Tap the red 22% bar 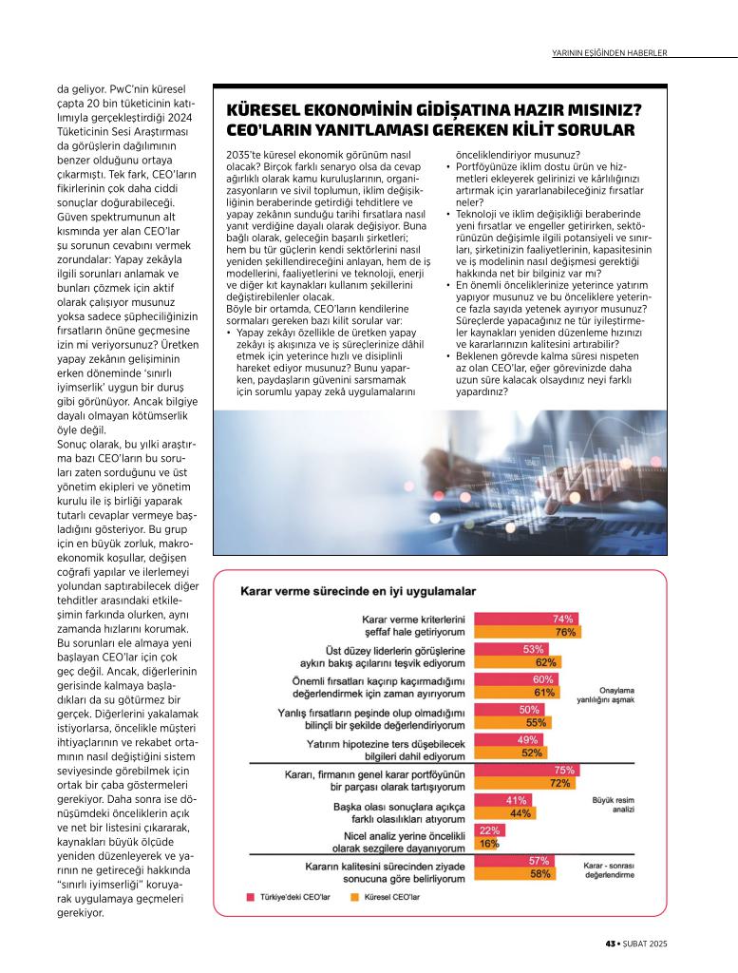click(x=489, y=830)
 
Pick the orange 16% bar click(x=486, y=843)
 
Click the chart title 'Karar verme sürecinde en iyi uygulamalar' click(x=357, y=590)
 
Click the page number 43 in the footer click(x=610, y=944)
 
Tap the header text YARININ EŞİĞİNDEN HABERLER click(x=610, y=52)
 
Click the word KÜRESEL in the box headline click(x=262, y=109)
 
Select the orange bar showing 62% click(x=517, y=662)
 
